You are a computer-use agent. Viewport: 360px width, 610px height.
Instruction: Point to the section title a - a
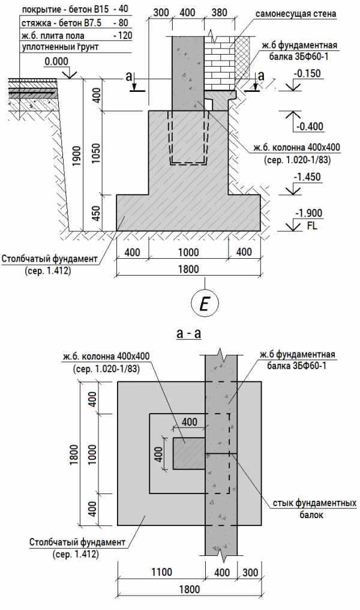[188, 333]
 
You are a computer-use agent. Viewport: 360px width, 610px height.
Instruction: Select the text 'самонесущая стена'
[295, 13]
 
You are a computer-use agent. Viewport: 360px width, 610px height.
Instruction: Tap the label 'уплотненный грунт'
[59, 46]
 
